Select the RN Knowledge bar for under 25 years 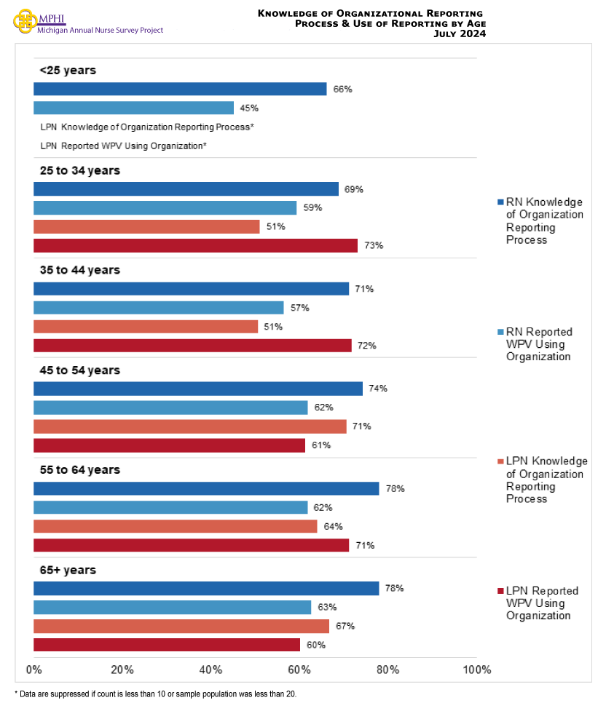(x=180, y=89)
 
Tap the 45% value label (x=249, y=108)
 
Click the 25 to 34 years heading (x=79, y=170)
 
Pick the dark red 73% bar (x=195, y=245)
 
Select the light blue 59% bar (x=165, y=208)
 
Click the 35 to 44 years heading (x=79, y=270)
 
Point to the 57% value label (x=300, y=308)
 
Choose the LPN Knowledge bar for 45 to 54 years (x=190, y=426)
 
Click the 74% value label (x=378, y=389)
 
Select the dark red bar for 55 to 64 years (x=191, y=545)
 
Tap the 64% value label (x=333, y=526)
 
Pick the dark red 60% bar (x=167, y=645)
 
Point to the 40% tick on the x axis (x=210, y=670)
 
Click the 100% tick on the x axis (x=476, y=670)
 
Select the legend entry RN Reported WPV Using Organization (x=539, y=344)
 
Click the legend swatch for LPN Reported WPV (x=500, y=591)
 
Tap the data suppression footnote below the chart (x=155, y=694)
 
